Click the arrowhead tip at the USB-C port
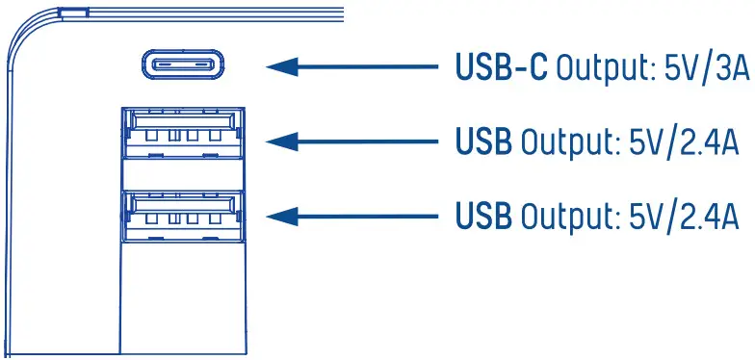tap(270, 67)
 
